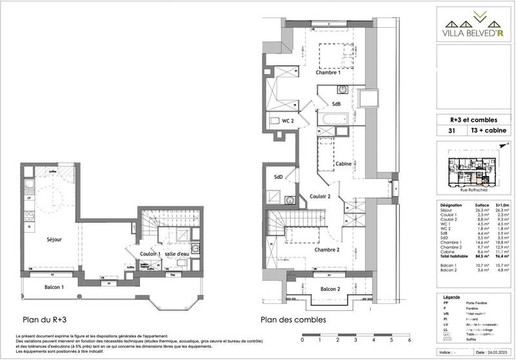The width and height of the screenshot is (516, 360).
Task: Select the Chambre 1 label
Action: pyautogui.click(x=328, y=73)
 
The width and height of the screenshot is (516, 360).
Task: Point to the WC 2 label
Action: pyautogui.click(x=288, y=121)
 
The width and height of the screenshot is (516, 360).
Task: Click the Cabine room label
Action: pyautogui.click(x=342, y=164)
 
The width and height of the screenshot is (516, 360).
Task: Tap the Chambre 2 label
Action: pyautogui.click(x=328, y=250)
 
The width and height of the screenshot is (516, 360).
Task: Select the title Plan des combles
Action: pyautogui.click(x=293, y=319)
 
